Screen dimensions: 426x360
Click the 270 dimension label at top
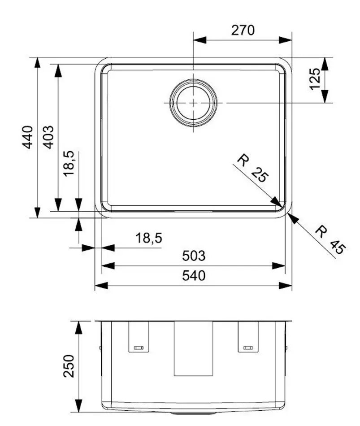tap(243, 30)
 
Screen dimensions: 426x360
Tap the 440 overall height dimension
tap(28, 137)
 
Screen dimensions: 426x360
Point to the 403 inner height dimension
tap(49, 137)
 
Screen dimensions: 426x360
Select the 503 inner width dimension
tap(194, 256)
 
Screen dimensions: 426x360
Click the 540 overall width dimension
tap(194, 275)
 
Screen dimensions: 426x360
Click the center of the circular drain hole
tap(193, 103)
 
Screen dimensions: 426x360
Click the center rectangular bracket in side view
tap(193, 349)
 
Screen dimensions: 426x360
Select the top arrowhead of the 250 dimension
tap(79, 327)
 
